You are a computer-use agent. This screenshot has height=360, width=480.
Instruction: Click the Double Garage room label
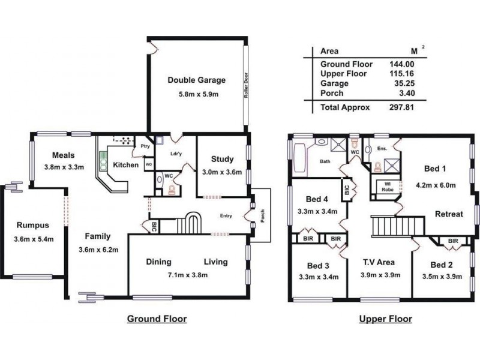tap(196, 80)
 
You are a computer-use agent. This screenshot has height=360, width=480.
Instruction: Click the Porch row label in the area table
tap(332, 93)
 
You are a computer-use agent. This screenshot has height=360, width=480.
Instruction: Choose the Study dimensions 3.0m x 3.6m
tap(221, 172)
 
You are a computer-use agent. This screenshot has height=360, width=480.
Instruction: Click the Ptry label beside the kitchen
tap(145, 146)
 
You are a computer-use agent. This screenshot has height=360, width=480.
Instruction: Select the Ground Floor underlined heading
tap(157, 319)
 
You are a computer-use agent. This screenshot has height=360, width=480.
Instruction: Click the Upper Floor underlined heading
tap(385, 319)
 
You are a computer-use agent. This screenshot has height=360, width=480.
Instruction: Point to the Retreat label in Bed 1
tap(449, 214)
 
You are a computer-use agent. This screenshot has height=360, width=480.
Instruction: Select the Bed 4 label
tap(317, 199)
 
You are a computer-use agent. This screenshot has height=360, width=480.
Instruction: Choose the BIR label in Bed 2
tap(453, 241)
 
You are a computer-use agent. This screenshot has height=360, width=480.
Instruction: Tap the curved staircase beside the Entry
tap(191, 224)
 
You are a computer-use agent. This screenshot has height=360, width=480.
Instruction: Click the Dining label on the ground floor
tap(159, 262)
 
